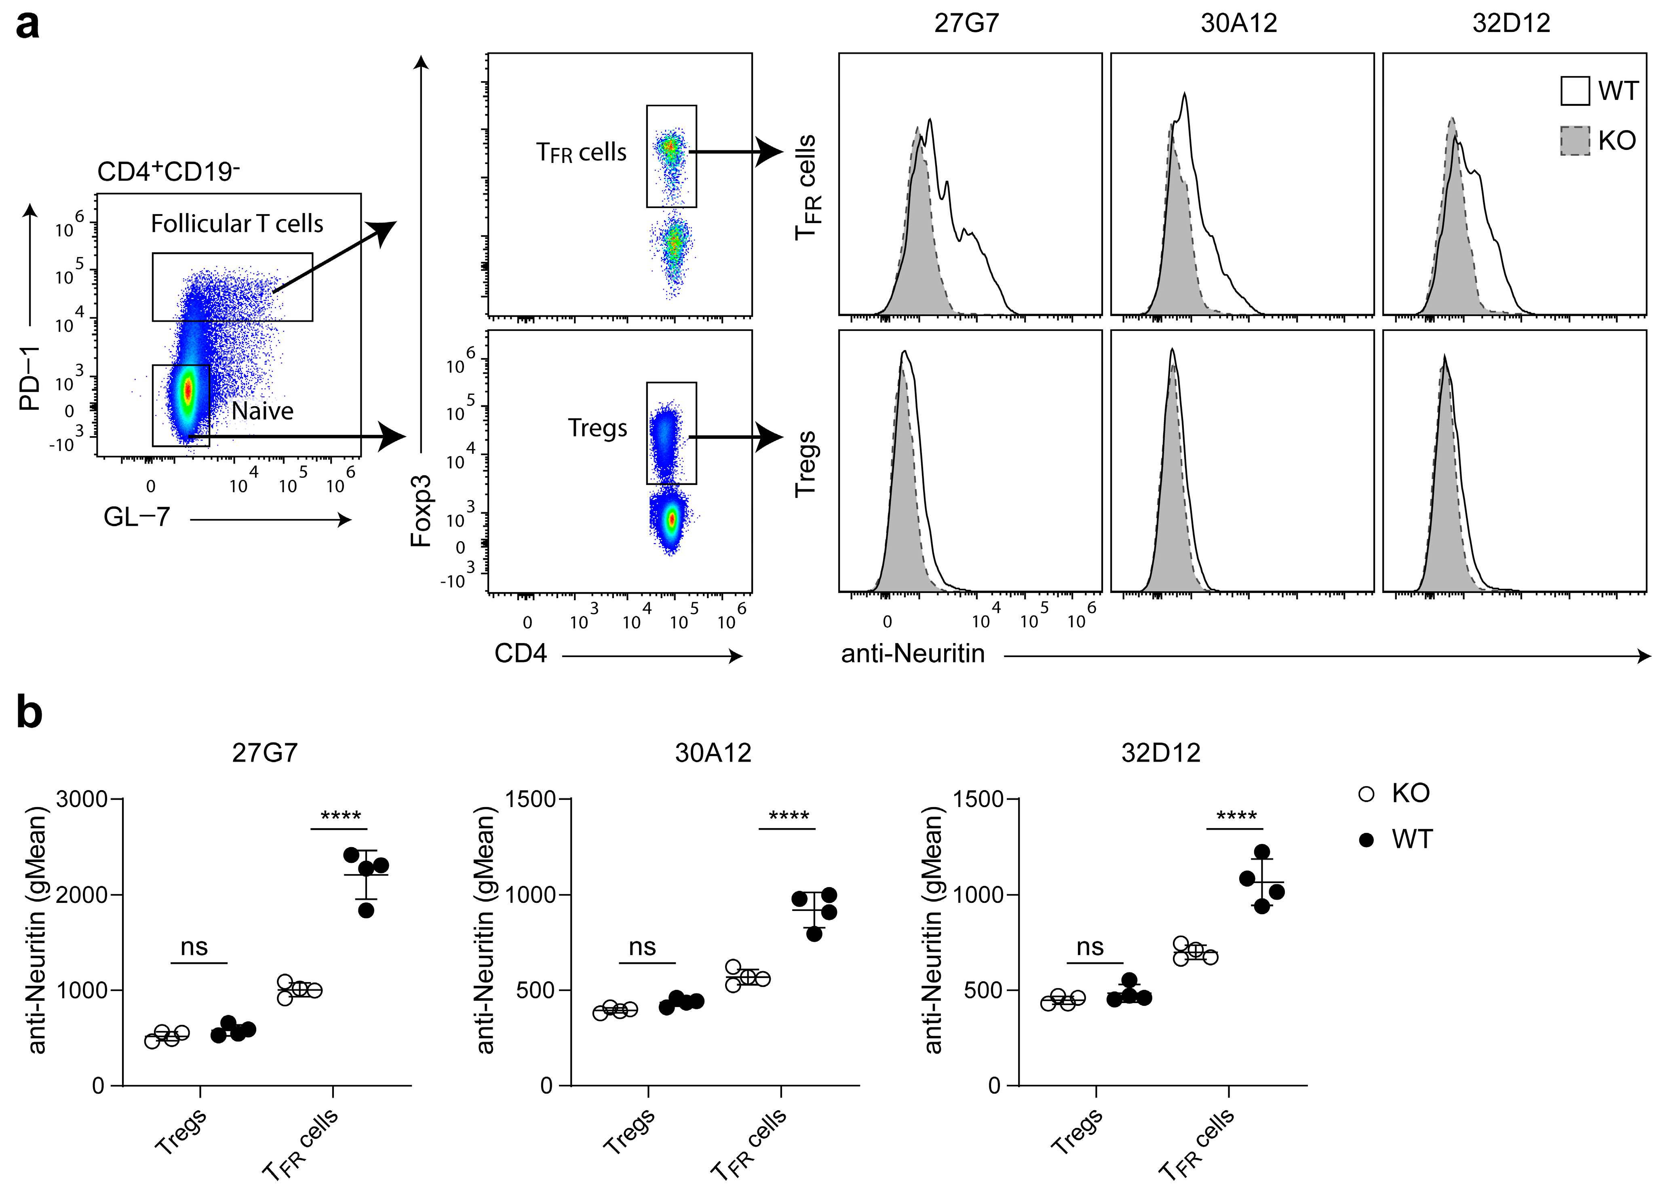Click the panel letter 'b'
point(29,713)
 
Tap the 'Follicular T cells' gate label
point(236,224)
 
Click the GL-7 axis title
point(137,518)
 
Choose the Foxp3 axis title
point(421,511)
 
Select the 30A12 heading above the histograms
point(1238,23)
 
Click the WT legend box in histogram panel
point(1575,91)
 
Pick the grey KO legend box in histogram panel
point(1575,141)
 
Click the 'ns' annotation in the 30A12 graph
point(642,947)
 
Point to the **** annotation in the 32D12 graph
point(1236,816)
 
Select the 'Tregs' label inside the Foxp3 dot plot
point(597,428)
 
